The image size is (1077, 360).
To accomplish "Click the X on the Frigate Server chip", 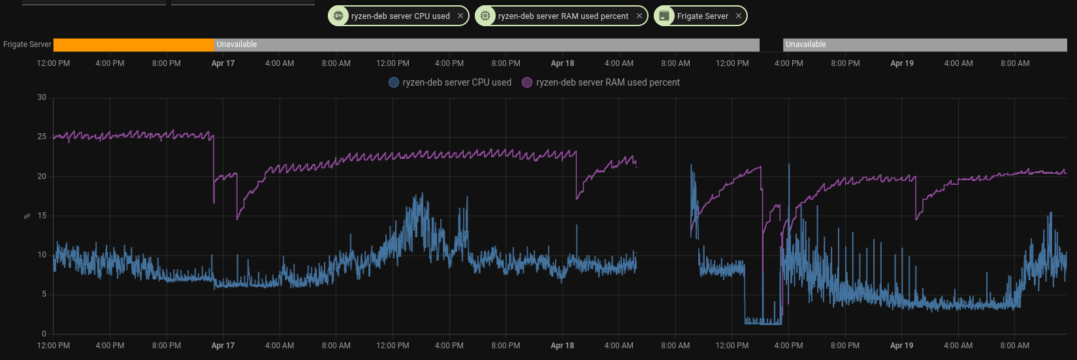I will pos(739,16).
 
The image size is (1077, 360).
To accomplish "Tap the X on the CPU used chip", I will pos(460,16).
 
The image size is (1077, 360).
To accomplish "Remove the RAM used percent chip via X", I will pos(639,16).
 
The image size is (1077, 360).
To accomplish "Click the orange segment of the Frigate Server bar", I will pos(133,44).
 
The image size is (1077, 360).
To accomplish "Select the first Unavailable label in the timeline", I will pos(237,44).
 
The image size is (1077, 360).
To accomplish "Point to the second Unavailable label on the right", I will pos(806,44).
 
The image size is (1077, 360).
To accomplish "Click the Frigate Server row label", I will pos(27,44).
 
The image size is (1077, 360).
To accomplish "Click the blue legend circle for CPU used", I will pos(394,82).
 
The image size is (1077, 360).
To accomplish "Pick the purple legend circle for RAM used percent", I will pos(527,82).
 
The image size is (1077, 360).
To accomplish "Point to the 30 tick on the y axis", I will pos(42,97).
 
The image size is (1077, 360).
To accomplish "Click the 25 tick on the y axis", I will pos(42,137).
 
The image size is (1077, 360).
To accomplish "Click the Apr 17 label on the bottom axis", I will pos(223,346).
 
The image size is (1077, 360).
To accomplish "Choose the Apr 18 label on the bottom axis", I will pos(562,346).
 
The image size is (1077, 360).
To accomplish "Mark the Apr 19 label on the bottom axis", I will pos(902,346).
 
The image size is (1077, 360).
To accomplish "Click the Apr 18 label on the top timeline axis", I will pos(562,63).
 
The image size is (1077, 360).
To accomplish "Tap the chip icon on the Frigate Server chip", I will pos(664,16).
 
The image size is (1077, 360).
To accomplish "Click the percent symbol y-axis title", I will pos(27,216).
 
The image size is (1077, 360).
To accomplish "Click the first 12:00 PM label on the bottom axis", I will pos(54,346).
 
